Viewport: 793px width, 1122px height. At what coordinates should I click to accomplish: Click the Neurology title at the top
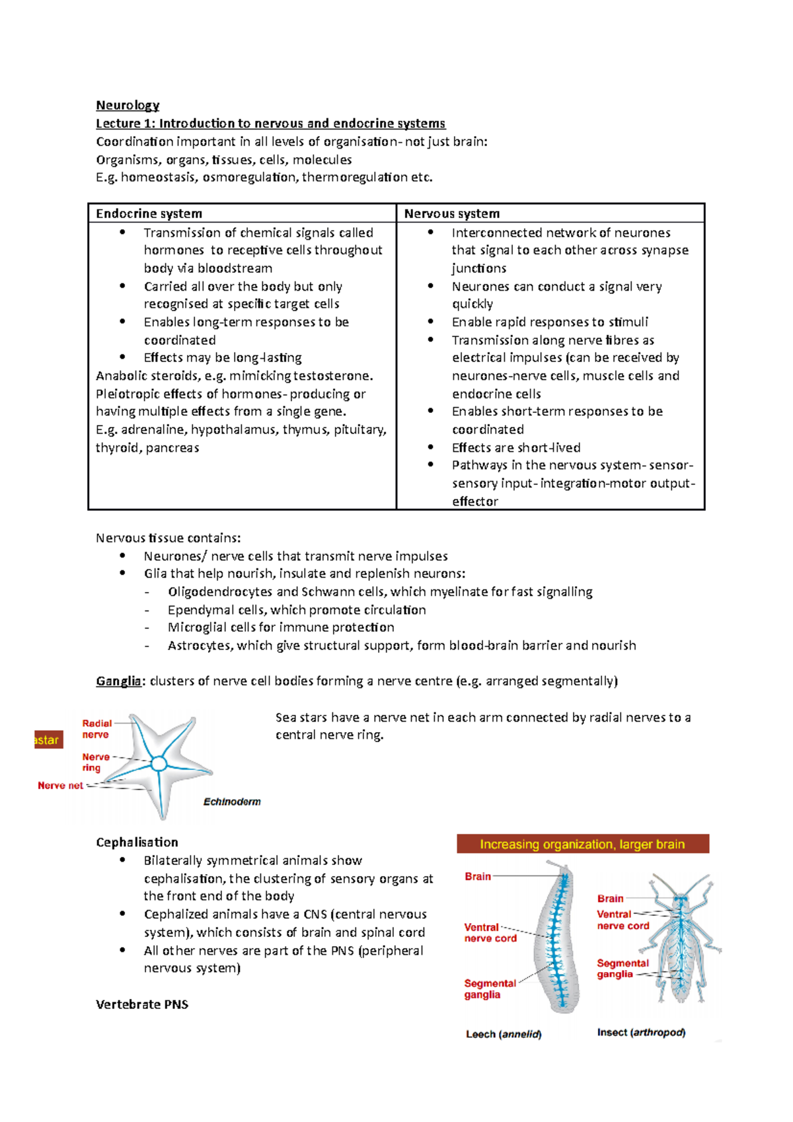point(128,105)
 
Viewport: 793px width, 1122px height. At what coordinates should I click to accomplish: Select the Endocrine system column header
point(149,213)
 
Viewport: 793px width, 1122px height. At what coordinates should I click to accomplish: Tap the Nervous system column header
point(451,213)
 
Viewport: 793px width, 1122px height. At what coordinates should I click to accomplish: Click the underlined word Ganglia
point(118,681)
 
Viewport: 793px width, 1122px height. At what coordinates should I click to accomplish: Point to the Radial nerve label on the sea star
point(96,729)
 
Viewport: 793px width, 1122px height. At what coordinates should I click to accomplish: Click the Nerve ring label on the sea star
point(95,762)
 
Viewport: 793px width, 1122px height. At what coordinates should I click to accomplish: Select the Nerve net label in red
point(60,785)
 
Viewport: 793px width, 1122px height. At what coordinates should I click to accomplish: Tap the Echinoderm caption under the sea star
point(231,802)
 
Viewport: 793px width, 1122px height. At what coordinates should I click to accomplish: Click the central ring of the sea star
point(159,764)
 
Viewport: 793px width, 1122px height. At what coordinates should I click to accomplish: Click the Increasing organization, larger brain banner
point(582,844)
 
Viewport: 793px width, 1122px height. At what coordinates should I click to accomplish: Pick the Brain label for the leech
point(477,876)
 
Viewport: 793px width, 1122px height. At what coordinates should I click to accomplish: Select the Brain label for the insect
point(610,898)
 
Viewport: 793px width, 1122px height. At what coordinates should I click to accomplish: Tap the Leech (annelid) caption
point(504,1034)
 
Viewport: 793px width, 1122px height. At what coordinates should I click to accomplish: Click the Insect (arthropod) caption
point(640,1032)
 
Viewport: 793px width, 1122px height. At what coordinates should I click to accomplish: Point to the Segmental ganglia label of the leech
point(489,989)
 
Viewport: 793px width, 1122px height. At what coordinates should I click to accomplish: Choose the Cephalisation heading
point(137,842)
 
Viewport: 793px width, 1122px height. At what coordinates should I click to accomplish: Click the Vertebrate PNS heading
point(141,1004)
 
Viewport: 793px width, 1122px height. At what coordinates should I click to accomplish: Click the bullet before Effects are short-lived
point(430,447)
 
